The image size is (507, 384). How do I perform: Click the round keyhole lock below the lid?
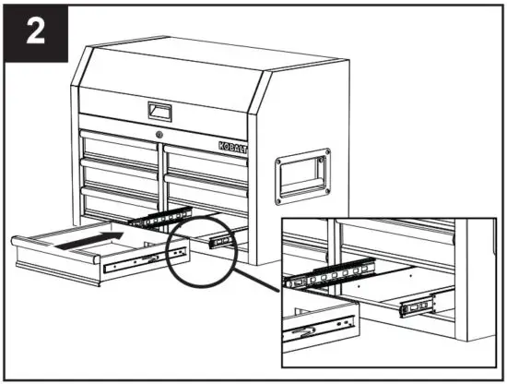pos(160,137)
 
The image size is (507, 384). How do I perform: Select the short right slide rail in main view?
pos(221,242)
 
